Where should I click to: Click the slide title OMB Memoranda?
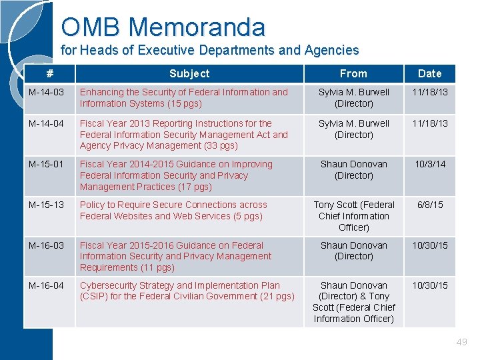pyautogui.click(x=163, y=27)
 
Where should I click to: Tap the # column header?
pyautogui.click(x=49, y=73)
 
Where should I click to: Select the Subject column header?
pyautogui.click(x=189, y=73)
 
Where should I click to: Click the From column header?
pyautogui.click(x=353, y=73)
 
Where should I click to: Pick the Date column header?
pyautogui.click(x=429, y=73)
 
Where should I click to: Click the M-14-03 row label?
pyautogui.click(x=46, y=92)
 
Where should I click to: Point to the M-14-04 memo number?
pyautogui.click(x=46, y=123)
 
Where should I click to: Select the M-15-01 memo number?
pyautogui.click(x=46, y=164)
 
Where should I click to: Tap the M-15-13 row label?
pyautogui.click(x=46, y=205)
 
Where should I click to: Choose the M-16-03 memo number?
pyautogui.click(x=46, y=245)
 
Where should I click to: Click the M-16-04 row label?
pyautogui.click(x=46, y=285)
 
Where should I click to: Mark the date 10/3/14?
pyautogui.click(x=430, y=164)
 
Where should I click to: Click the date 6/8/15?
pyautogui.click(x=430, y=205)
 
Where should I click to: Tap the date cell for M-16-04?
pyautogui.click(x=430, y=285)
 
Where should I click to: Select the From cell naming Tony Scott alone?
pyautogui.click(x=354, y=216)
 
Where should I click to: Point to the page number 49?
pyautogui.click(x=461, y=342)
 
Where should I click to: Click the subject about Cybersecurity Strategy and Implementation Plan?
pyautogui.click(x=187, y=291)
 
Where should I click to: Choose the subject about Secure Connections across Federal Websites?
pyautogui.click(x=173, y=210)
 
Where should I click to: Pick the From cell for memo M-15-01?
pyautogui.click(x=354, y=169)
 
